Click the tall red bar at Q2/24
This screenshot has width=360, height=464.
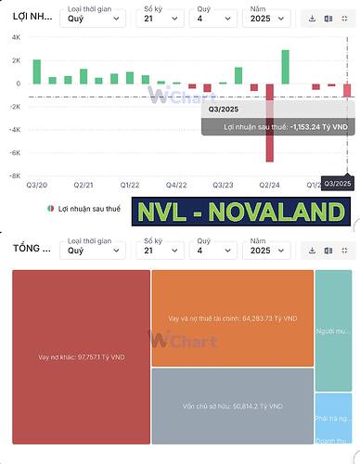(x=270, y=122)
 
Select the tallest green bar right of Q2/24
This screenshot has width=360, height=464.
(x=285, y=67)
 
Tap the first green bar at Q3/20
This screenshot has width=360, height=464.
(x=37, y=71)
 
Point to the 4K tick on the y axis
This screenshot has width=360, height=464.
(x=16, y=37)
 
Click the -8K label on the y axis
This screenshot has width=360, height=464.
(x=15, y=176)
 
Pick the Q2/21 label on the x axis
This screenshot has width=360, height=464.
(x=83, y=185)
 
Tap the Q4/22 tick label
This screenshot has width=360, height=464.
(x=178, y=185)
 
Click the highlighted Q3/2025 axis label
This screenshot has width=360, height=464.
(x=337, y=184)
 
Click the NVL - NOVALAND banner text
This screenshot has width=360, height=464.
(x=240, y=212)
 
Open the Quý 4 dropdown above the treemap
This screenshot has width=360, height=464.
(x=214, y=249)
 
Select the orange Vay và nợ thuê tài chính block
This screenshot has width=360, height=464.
(x=232, y=318)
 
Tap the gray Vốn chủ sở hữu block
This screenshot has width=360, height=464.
(x=232, y=406)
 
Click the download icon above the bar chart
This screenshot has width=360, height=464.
(x=313, y=18)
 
